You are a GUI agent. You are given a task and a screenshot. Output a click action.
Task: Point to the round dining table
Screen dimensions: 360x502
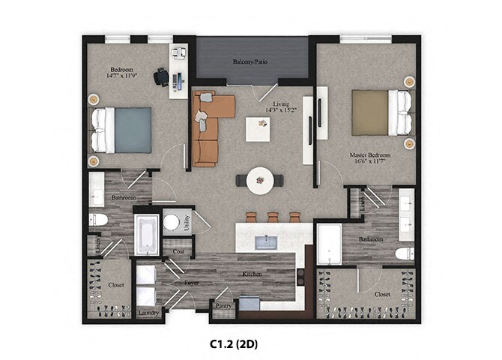[259, 180]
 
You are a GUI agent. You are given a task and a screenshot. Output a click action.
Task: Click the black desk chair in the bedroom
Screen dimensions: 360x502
[161, 76]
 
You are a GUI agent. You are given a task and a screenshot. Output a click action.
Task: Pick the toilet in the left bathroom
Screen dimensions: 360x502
[98, 220]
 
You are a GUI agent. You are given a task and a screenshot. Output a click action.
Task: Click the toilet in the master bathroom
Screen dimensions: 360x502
[404, 253]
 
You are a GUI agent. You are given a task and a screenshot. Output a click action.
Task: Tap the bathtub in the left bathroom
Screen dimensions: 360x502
[146, 234]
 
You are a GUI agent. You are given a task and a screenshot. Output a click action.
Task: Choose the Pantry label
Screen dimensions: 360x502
[223, 306]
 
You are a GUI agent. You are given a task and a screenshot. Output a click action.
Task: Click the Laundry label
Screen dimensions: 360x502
[149, 312]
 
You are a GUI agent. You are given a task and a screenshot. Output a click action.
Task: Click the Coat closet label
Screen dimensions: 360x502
[178, 252]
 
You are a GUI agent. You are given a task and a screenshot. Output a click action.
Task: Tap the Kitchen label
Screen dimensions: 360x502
[251, 275]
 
